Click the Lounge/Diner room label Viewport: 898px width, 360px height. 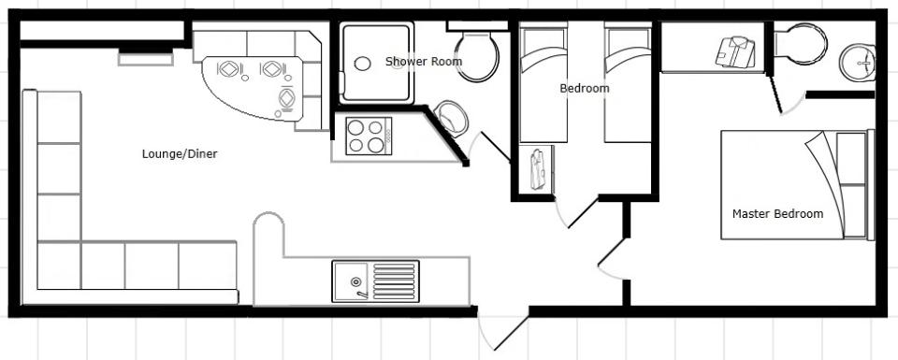[x=180, y=154]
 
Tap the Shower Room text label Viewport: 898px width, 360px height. [x=424, y=61]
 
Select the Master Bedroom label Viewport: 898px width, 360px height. [x=777, y=214]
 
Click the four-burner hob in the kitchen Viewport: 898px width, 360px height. [x=369, y=136]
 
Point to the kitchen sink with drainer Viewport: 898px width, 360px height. [x=375, y=281]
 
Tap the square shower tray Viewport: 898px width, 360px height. [x=377, y=63]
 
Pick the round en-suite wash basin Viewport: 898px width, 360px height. [x=858, y=62]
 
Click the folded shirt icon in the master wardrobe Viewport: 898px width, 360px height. [x=735, y=52]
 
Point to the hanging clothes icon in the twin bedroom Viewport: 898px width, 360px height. [x=539, y=169]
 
